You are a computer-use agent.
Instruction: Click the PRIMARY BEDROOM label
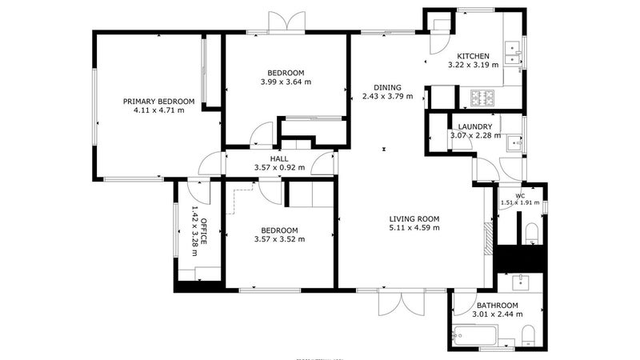(158, 102)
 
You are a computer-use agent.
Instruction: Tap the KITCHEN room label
(473, 56)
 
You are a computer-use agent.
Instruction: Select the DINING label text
(387, 87)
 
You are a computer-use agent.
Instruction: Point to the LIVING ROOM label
(414, 218)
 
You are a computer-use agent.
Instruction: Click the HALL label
(279, 158)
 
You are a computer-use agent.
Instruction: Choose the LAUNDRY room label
(474, 126)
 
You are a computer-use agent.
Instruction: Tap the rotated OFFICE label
(203, 231)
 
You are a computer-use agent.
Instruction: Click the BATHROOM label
(497, 306)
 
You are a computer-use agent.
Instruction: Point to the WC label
(520, 196)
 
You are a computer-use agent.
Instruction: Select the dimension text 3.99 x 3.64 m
(286, 82)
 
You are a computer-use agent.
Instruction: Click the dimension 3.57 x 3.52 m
(279, 239)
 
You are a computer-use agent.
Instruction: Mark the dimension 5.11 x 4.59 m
(414, 228)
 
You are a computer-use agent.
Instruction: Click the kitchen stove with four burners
(482, 98)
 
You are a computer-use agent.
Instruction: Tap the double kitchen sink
(512, 53)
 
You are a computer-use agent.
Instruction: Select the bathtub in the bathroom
(475, 336)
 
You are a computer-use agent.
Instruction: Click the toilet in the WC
(531, 233)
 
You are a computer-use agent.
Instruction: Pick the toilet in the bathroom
(528, 336)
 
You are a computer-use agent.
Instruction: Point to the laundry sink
(514, 143)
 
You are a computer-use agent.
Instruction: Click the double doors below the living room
(402, 303)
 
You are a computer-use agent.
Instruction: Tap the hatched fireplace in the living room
(489, 239)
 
